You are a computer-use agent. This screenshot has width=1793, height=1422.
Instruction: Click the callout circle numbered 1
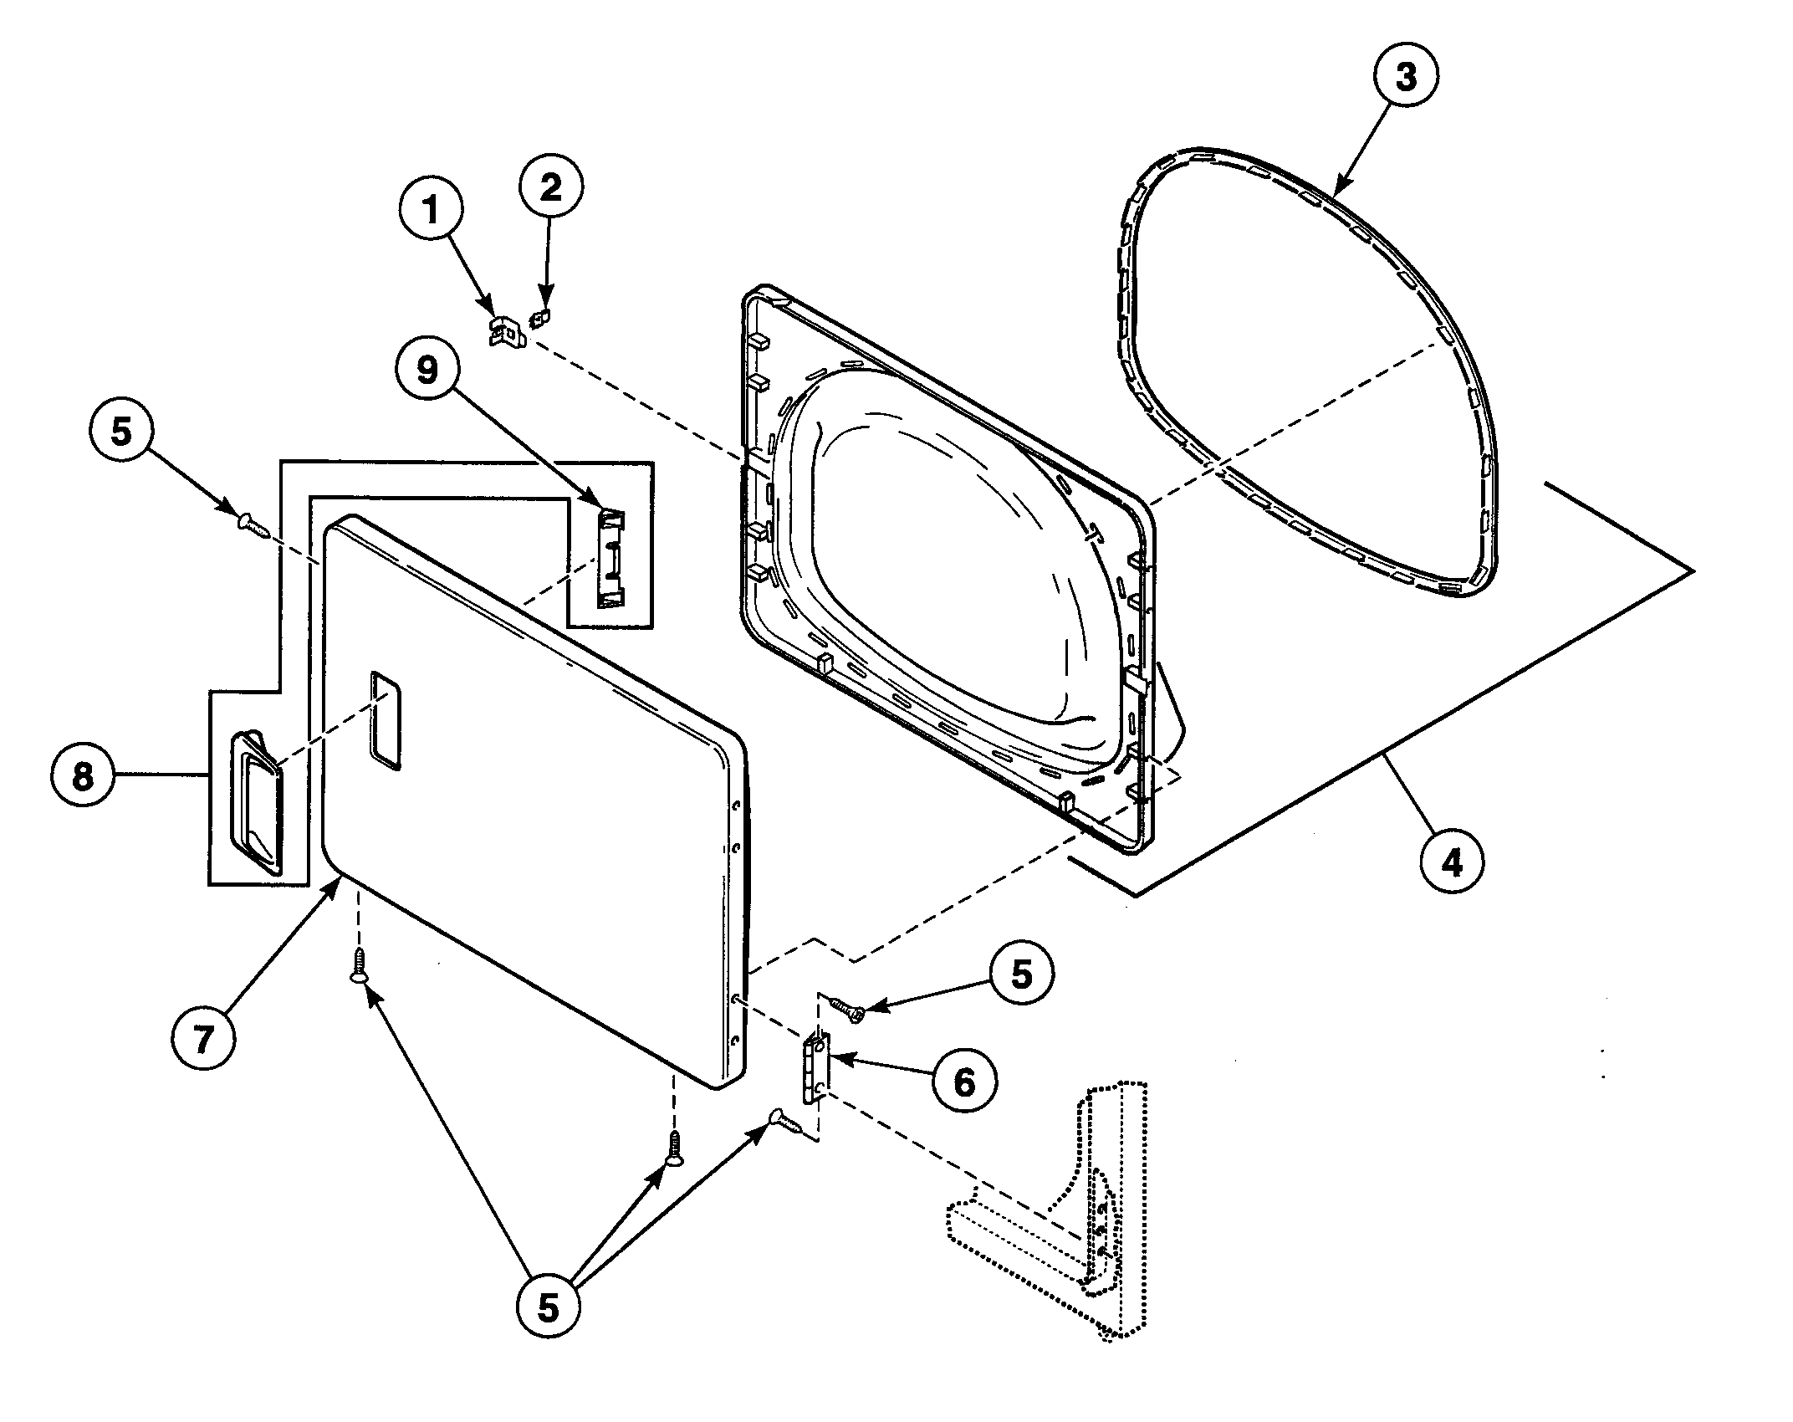432,211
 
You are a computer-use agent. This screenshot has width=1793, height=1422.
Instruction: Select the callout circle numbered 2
551,189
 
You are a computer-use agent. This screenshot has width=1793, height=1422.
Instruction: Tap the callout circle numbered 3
1406,77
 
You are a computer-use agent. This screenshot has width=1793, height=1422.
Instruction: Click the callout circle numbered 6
964,1083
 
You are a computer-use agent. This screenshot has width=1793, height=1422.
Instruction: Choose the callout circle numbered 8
82,777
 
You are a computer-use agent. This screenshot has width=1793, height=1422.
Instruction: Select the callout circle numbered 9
428,369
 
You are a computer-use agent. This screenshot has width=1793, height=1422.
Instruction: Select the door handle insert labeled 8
256,801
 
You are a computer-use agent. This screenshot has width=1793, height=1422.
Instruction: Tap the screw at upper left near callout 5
253,525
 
